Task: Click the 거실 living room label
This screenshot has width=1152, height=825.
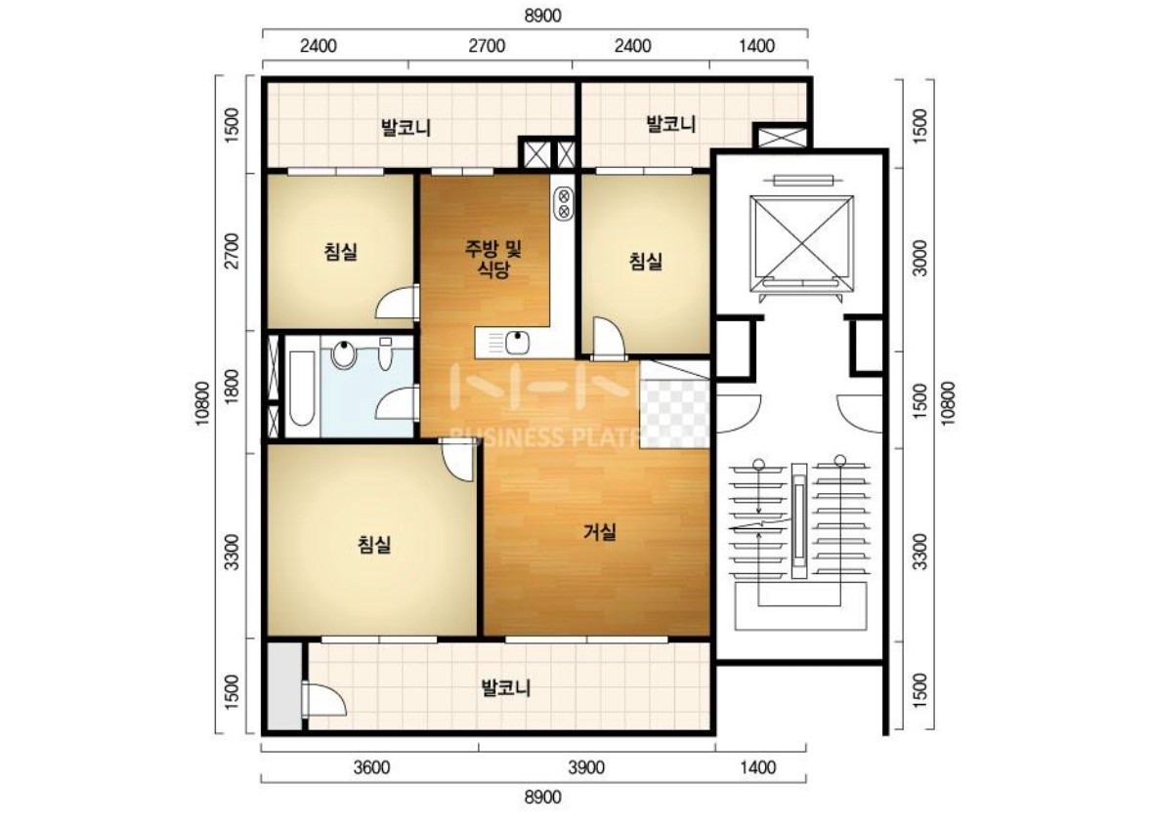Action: tap(599, 532)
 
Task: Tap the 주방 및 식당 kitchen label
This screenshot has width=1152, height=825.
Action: tap(492, 259)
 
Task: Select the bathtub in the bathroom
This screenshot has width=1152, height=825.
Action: tap(301, 388)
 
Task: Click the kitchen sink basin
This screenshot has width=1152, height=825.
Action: tap(519, 342)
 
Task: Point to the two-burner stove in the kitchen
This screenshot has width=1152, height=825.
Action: tap(564, 202)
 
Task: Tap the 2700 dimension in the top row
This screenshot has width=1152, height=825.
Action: tap(488, 46)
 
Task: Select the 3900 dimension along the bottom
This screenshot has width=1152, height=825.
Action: tap(586, 767)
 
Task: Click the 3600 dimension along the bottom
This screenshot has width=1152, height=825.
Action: tap(371, 767)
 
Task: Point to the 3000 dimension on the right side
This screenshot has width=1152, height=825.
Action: tap(919, 258)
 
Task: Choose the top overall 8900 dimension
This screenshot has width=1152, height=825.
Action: tap(543, 16)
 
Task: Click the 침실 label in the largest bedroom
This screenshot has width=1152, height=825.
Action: tap(374, 544)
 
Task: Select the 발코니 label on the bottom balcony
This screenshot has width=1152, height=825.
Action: tap(505, 687)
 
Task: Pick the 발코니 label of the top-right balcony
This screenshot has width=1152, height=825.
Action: tap(670, 123)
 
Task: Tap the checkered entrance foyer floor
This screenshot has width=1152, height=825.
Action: tap(674, 403)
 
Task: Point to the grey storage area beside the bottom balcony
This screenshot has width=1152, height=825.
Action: tap(284, 686)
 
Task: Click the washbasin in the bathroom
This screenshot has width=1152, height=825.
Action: tap(343, 353)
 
